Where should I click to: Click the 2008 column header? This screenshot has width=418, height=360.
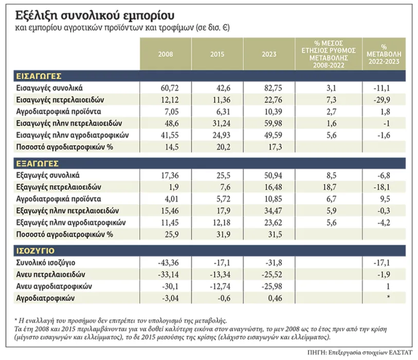166,54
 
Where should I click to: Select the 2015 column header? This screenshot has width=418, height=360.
217,54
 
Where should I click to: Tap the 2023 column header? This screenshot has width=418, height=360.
268,54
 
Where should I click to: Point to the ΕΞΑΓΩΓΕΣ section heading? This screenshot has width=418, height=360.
36,163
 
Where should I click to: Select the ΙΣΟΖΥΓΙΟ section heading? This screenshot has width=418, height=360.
34,250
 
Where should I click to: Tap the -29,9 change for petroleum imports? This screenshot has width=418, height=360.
384,99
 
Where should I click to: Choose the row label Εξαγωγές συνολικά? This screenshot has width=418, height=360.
48,175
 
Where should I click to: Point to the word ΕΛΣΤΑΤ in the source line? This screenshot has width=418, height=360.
396,352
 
